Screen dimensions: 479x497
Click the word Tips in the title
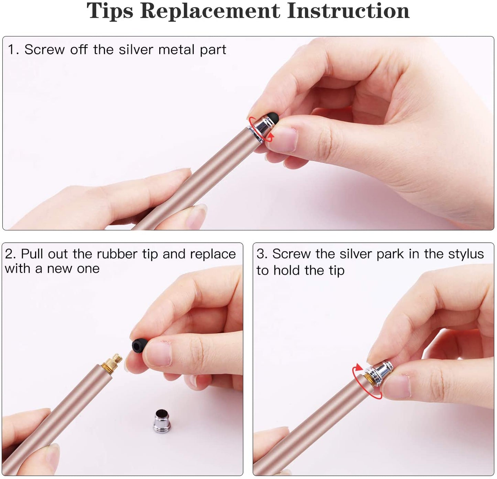click(110, 11)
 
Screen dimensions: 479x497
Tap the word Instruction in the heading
click(348, 11)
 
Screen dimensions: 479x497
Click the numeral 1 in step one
click(12, 50)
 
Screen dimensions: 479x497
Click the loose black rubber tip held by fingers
click(139, 345)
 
